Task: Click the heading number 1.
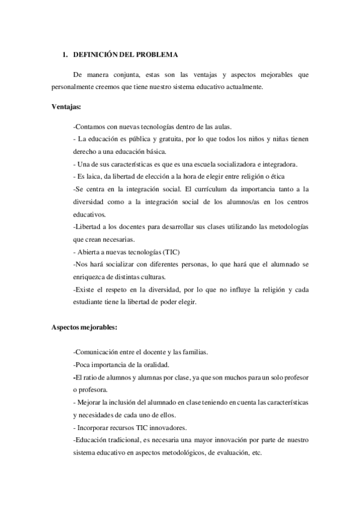tap(64, 55)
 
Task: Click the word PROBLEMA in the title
tap(157, 55)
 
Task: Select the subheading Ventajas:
tap(67, 107)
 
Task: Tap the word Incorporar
tap(94, 428)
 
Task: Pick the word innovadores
tap(169, 428)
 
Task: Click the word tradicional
tap(118, 440)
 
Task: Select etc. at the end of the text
tap(257, 453)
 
